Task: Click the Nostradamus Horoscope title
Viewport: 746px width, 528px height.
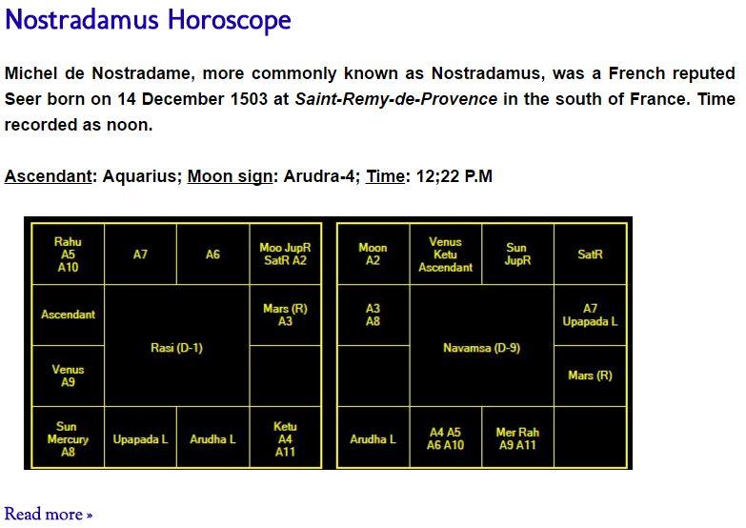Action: (x=148, y=20)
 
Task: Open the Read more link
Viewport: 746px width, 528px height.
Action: (x=48, y=515)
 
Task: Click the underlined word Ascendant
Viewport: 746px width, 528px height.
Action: (x=48, y=176)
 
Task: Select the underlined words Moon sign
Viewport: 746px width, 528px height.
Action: (x=230, y=176)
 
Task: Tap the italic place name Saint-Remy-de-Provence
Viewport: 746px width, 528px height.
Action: (x=395, y=99)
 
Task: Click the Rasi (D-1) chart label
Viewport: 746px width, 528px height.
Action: (x=176, y=348)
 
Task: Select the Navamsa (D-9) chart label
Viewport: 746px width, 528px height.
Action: (x=481, y=348)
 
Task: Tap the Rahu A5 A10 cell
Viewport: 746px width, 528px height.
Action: (x=68, y=254)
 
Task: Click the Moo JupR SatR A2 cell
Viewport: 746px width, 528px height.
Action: (x=286, y=254)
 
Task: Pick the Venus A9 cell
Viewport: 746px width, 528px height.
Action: (x=68, y=376)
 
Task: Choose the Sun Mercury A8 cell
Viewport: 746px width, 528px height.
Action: (x=68, y=437)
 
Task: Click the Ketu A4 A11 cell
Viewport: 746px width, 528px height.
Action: (x=286, y=437)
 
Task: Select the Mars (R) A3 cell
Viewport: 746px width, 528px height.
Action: (x=286, y=315)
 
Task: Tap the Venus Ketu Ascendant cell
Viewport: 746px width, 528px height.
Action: (x=445, y=254)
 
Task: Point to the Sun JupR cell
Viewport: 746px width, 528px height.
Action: (x=517, y=254)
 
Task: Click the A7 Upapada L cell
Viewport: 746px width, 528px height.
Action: (x=591, y=315)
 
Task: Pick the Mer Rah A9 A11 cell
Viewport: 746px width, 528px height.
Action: (x=517, y=437)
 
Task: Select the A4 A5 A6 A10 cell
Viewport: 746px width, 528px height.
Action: (x=445, y=437)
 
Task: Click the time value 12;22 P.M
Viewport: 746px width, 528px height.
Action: (x=454, y=176)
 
